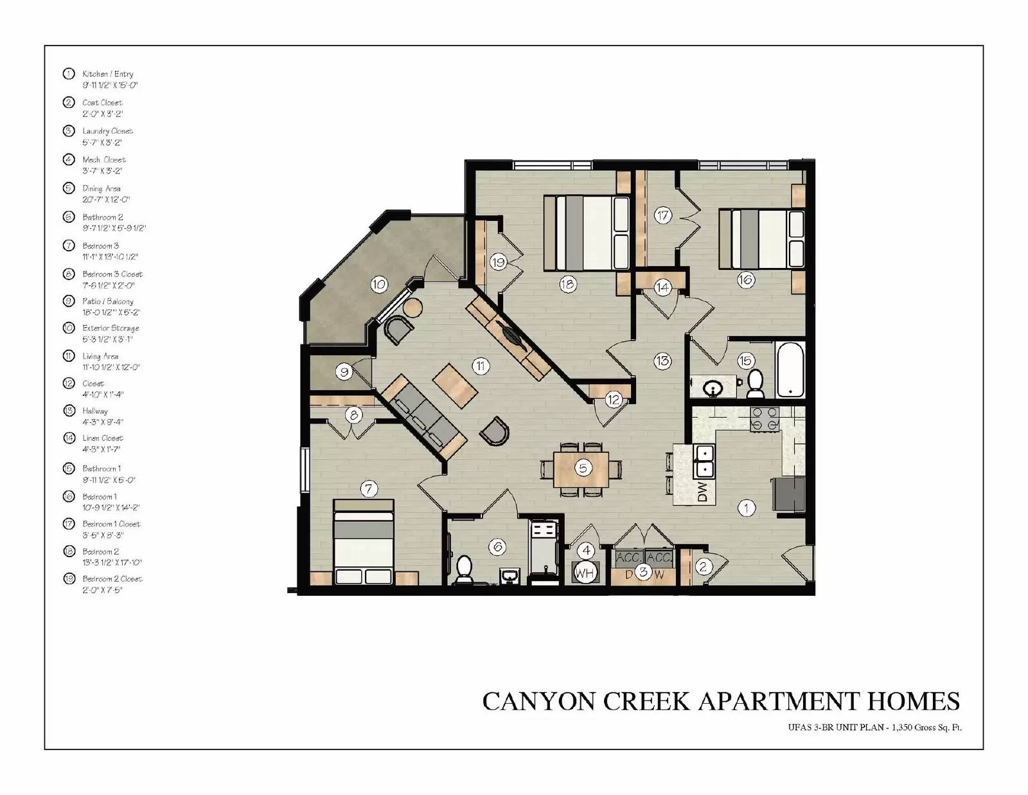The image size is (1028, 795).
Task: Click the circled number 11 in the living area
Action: [x=481, y=366]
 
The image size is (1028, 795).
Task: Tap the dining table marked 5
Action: [x=581, y=469]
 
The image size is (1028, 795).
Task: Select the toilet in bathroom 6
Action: [x=464, y=569]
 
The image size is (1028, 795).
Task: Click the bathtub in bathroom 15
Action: [x=790, y=370]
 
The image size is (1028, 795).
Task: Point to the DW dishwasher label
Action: [x=702, y=492]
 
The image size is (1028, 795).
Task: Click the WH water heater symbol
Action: [x=585, y=572]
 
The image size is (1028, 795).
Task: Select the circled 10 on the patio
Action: [x=379, y=284]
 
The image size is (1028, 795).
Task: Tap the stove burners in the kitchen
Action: [x=765, y=419]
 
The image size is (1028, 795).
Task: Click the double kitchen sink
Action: [x=704, y=461]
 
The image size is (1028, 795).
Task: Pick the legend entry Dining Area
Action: [x=102, y=188]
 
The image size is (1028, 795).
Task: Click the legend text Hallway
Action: [x=95, y=411]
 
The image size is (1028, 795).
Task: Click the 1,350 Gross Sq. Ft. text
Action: [x=925, y=728]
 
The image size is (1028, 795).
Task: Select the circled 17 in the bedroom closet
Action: [x=662, y=215]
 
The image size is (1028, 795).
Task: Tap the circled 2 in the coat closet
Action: [x=703, y=566]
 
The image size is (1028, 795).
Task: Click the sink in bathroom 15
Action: [x=712, y=388]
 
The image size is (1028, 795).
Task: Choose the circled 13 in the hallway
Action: [x=662, y=361]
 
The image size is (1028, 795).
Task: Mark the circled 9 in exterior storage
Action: [x=344, y=372]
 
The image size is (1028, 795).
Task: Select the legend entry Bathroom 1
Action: [x=102, y=469]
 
